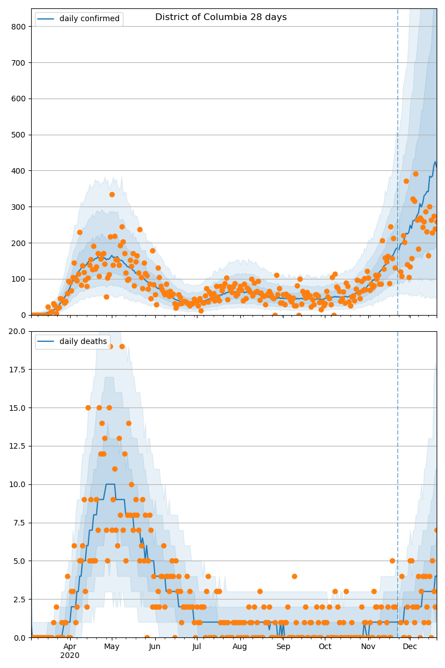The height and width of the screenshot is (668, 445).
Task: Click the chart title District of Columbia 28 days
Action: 221,17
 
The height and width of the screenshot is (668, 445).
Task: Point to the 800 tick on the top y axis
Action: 19,27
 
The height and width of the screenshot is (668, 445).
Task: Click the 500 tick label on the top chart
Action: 19,135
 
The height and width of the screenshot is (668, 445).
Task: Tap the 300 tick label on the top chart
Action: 19,207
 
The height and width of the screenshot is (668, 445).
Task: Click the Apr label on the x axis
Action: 70,647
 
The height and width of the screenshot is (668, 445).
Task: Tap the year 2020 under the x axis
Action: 70,655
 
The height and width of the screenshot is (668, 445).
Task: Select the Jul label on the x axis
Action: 196,647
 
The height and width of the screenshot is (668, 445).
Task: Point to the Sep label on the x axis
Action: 283,647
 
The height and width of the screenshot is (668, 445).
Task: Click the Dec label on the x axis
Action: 410,647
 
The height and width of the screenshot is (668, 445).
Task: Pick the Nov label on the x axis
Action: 368,647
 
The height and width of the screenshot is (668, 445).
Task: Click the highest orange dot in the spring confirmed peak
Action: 112,194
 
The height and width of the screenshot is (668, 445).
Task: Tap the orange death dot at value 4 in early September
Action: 294,576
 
